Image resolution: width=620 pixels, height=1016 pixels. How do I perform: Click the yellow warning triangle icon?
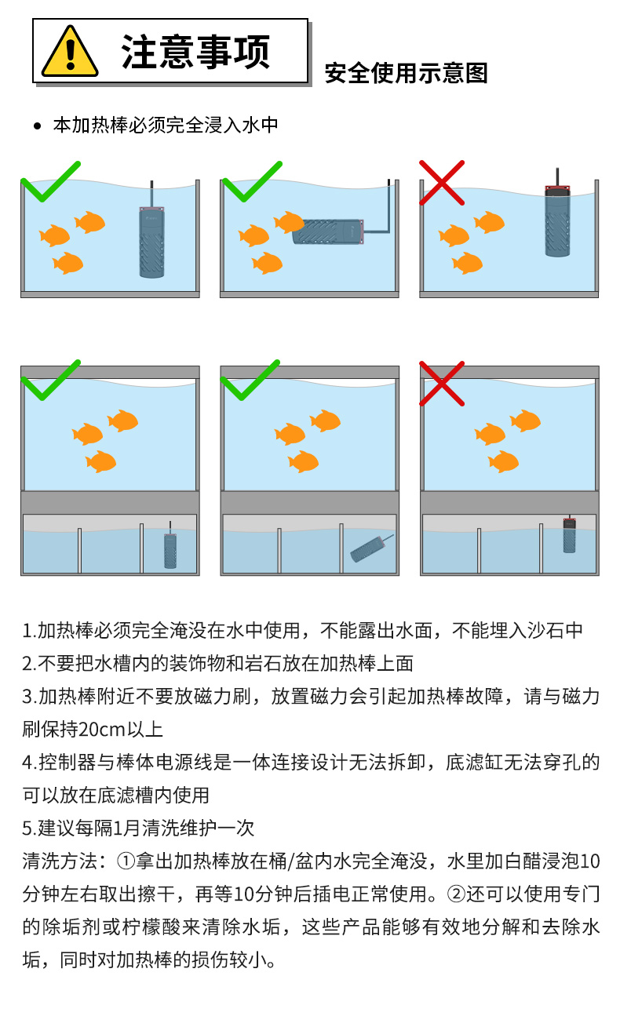tap(70, 53)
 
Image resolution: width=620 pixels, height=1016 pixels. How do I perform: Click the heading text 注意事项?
tap(195, 52)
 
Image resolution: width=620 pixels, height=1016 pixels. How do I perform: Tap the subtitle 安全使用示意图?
tap(406, 73)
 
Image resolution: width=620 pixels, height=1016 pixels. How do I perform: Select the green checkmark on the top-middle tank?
tap(252, 182)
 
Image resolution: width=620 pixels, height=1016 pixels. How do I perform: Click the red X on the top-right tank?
tap(442, 182)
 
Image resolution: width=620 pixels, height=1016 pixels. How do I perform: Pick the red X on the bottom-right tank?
tap(442, 383)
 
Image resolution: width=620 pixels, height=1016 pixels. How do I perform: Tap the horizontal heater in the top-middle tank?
tap(328, 231)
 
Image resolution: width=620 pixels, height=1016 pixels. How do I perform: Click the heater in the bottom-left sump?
tap(170, 549)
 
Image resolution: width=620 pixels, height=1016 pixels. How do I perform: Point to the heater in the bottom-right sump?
tap(569, 535)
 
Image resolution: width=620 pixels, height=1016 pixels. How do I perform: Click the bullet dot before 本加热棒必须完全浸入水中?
tap(37, 126)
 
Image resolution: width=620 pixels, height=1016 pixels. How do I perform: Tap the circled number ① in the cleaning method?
tap(126, 861)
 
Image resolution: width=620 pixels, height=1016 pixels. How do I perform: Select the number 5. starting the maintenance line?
tap(29, 828)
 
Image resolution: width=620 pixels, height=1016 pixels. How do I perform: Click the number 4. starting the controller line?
tap(29, 762)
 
